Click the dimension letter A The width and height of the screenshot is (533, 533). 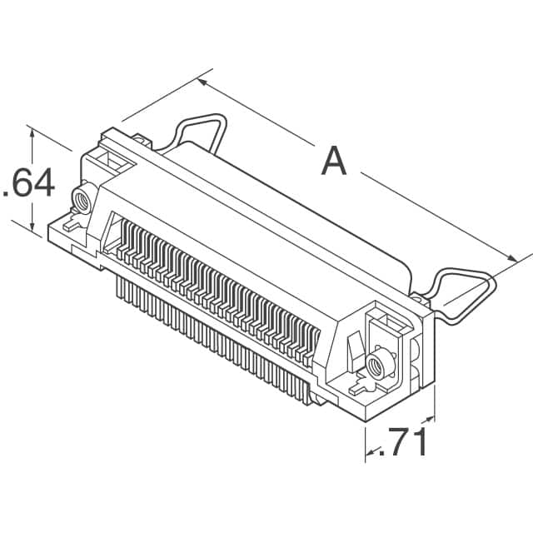[333, 161]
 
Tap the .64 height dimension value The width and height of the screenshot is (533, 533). [30, 182]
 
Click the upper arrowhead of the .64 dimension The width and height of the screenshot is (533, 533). [32, 132]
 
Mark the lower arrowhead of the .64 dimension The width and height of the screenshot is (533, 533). [32, 227]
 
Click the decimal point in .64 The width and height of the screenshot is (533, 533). [7, 195]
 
